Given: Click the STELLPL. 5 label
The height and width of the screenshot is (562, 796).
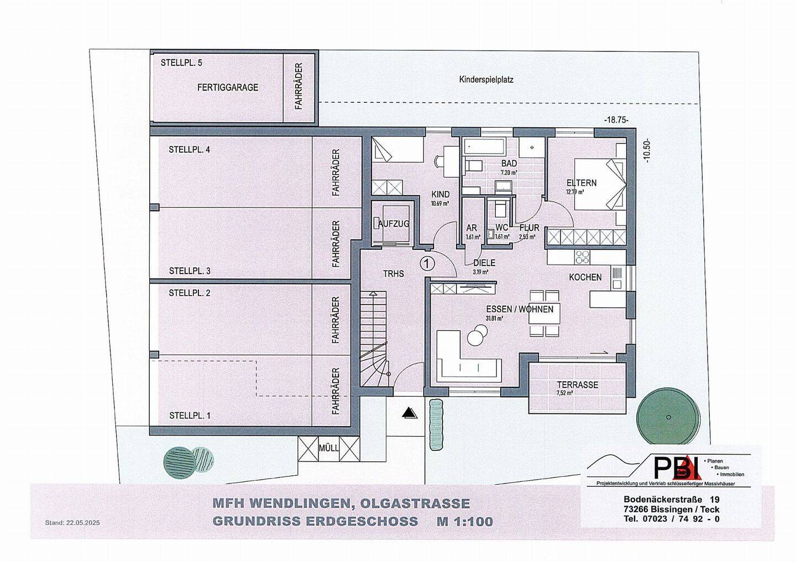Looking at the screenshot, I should [x=181, y=63].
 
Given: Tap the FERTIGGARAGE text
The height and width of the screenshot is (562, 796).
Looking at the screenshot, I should [x=228, y=87].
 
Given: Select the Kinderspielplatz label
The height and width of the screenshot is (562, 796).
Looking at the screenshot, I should [x=486, y=80].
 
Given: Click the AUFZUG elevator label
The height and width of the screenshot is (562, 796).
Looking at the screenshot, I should [x=394, y=224].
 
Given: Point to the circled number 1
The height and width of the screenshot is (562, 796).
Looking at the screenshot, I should [x=427, y=263].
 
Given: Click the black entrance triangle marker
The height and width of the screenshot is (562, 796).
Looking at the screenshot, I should [x=409, y=412].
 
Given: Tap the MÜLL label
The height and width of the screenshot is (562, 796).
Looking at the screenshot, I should [x=329, y=448].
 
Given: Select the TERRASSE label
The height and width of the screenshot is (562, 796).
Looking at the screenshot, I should [x=577, y=385].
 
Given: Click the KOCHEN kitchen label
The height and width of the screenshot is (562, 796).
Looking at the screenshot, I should [x=585, y=277].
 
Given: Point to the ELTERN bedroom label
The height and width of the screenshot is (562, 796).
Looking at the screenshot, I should [x=582, y=183].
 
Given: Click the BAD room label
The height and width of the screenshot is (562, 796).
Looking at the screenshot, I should [x=509, y=164].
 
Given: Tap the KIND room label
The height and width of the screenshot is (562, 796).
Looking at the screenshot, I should [x=441, y=195].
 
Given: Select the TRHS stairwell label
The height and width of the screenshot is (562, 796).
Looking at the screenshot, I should [x=394, y=274].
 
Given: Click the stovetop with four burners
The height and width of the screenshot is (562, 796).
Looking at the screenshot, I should [x=583, y=257].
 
